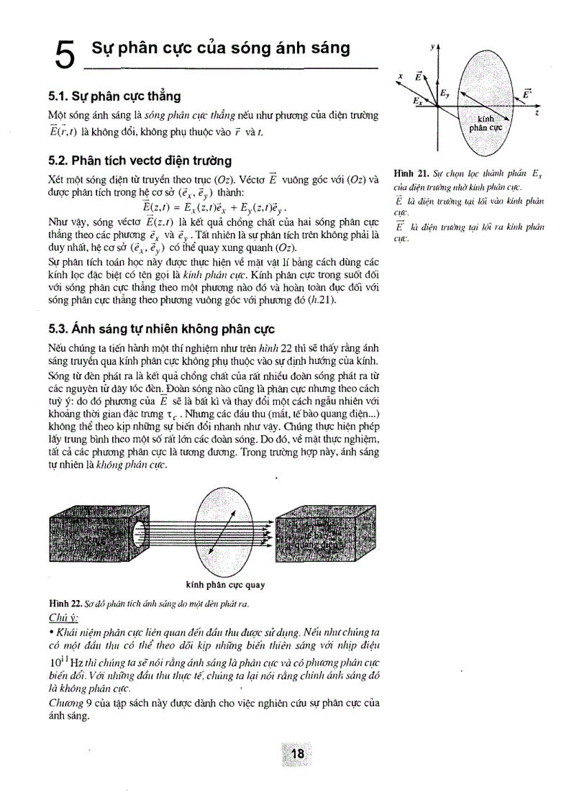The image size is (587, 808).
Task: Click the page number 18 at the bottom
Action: [297, 754]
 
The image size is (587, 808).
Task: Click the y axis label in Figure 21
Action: [432, 47]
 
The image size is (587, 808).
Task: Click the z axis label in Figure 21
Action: [537, 114]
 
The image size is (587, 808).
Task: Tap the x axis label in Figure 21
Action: [400, 77]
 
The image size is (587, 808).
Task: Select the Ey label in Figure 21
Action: [445, 93]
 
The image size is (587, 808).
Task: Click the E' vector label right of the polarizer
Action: [527, 94]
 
